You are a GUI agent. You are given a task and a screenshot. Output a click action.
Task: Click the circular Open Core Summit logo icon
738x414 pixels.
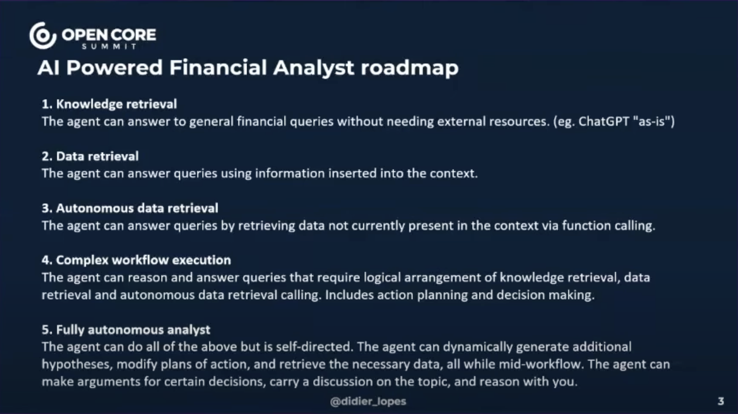[43, 36]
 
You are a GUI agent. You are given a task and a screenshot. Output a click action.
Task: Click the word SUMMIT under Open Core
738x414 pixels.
[109, 47]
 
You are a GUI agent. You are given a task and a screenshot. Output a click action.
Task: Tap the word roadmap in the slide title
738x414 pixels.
[409, 68]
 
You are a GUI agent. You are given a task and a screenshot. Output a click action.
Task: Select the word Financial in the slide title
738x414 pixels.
[218, 67]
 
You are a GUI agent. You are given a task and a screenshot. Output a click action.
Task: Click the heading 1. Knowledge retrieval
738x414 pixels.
[109, 104]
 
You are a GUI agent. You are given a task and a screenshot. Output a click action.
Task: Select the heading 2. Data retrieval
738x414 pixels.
[90, 156]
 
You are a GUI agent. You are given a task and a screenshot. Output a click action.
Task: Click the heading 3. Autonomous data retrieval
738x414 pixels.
[130, 208]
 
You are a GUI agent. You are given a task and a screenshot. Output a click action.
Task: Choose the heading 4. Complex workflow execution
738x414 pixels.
[136, 260]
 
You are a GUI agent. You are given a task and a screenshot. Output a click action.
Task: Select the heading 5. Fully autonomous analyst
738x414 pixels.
[126, 330]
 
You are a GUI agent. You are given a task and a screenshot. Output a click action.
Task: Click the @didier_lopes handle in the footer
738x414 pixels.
[368, 401]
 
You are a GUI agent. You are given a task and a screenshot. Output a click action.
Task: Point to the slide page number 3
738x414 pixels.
[721, 401]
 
